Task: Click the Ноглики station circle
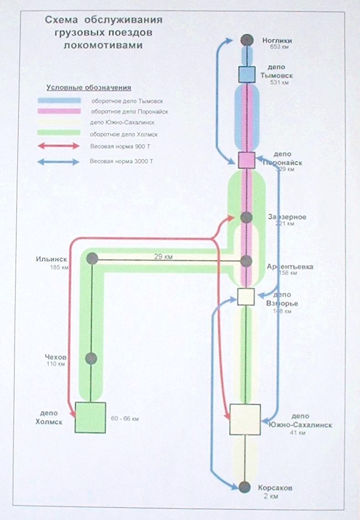(247, 40)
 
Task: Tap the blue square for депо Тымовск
(247, 74)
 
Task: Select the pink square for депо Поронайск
(246, 160)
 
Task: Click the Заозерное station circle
(246, 217)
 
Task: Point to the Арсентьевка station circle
(246, 261)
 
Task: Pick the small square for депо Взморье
(246, 297)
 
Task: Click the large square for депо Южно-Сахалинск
(245, 419)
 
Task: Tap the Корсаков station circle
(245, 487)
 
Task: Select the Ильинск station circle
(92, 259)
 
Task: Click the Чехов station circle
(91, 358)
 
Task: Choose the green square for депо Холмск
(90, 417)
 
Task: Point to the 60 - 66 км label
(125, 419)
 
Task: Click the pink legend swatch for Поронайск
(59, 111)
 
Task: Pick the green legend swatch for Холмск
(59, 133)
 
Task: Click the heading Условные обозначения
(89, 88)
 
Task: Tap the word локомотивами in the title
(103, 46)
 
